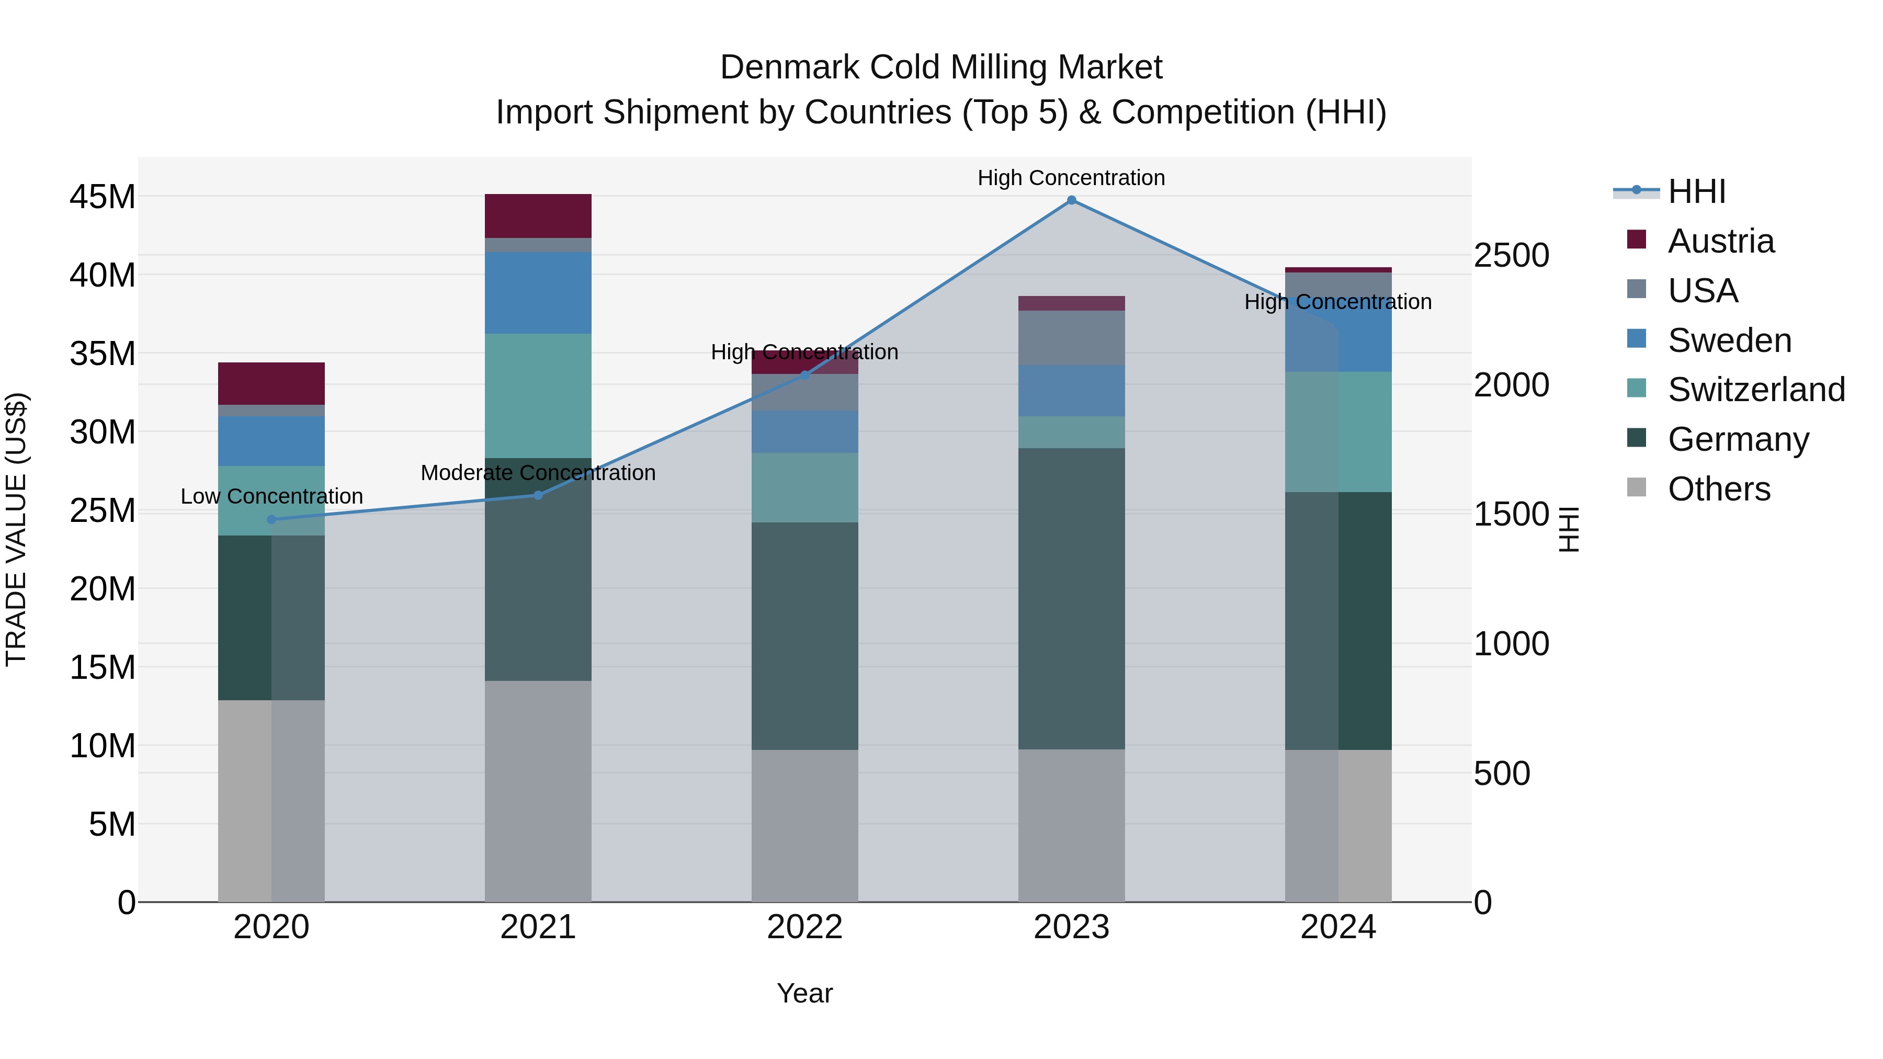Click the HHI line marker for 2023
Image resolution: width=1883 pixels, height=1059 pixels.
1071,200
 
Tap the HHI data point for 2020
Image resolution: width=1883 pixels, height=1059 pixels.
271,520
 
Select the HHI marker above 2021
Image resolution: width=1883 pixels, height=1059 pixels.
538,496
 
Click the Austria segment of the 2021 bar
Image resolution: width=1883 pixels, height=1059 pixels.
538,215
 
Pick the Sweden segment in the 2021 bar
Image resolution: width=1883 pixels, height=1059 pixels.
538,292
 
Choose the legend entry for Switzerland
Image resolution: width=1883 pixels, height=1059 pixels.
1755,390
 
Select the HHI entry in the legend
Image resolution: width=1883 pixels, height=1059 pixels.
1696,191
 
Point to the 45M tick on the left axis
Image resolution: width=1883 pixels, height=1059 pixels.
103,197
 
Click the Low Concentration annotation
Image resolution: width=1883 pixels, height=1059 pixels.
271,496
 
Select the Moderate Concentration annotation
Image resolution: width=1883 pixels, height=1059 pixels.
538,473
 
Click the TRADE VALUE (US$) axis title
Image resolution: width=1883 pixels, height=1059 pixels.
16,529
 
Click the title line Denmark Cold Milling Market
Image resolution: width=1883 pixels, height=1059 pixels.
941,67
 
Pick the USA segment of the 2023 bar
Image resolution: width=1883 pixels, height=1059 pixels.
1071,338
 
